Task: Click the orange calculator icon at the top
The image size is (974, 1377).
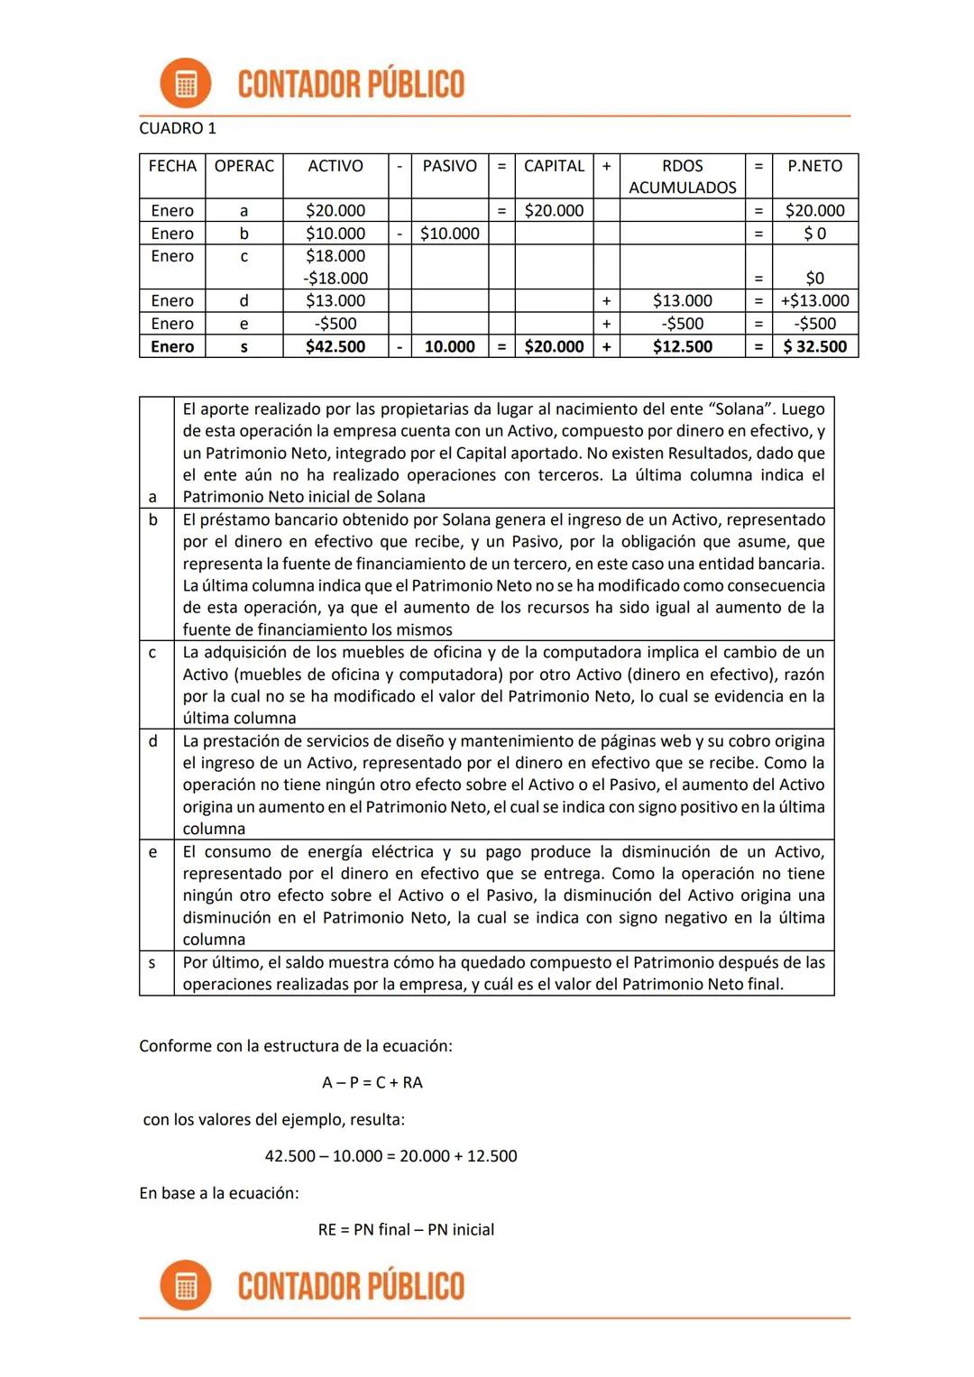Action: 186,84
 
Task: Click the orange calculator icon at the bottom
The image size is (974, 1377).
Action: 186,1285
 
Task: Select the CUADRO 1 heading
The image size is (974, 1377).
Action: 178,128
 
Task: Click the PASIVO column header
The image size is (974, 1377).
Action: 449,166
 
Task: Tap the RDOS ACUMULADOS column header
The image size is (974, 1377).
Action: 682,176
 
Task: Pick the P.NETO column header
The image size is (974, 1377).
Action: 814,166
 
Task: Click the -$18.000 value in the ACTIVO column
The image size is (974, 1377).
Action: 335,279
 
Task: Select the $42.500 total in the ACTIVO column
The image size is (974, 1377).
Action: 335,346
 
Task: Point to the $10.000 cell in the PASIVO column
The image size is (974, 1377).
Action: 449,234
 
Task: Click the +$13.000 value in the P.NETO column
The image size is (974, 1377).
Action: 814,301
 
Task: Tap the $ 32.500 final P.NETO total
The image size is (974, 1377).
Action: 814,346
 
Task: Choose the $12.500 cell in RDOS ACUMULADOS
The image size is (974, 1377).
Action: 682,346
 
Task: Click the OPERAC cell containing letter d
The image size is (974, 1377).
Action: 243,301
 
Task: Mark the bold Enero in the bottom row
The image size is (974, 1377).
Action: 172,346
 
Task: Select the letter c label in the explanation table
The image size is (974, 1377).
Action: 152,652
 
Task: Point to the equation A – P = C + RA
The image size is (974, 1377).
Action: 372,1082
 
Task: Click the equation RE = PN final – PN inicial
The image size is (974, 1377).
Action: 406,1230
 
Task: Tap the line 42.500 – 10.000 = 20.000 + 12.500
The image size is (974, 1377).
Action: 391,1156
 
